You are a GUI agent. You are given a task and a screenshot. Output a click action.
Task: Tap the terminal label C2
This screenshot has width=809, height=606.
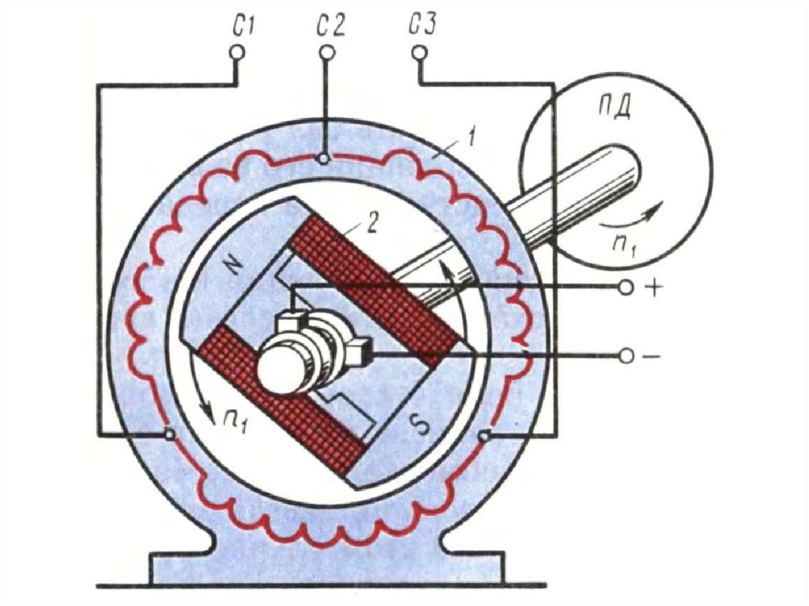[330, 27]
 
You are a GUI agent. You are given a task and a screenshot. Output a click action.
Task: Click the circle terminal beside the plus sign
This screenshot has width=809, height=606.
[626, 288]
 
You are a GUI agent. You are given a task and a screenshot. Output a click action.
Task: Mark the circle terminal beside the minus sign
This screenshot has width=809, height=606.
[626, 357]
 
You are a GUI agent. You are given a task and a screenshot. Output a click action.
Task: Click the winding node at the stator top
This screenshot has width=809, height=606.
[323, 159]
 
